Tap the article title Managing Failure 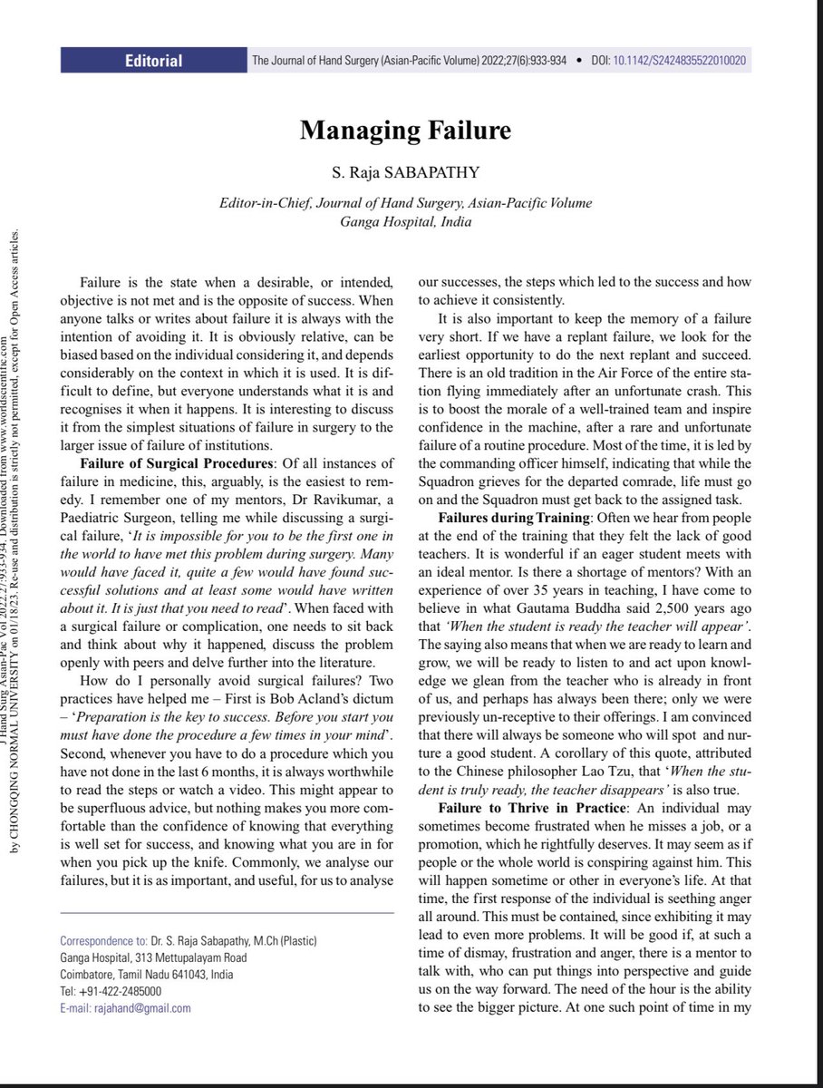click(x=405, y=131)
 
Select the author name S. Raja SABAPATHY click(x=405, y=172)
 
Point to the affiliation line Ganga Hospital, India click(x=405, y=220)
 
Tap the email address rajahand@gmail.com click(x=151, y=1007)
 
